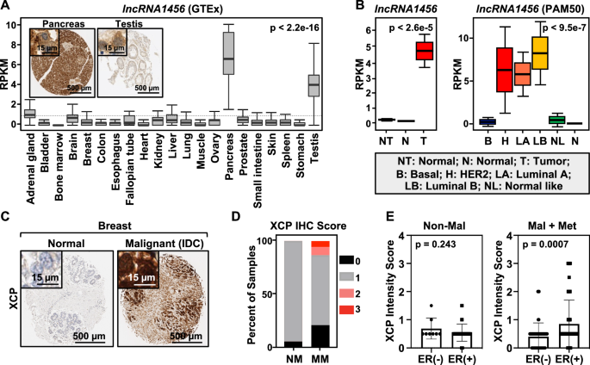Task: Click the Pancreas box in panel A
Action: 229,59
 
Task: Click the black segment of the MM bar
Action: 295,335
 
